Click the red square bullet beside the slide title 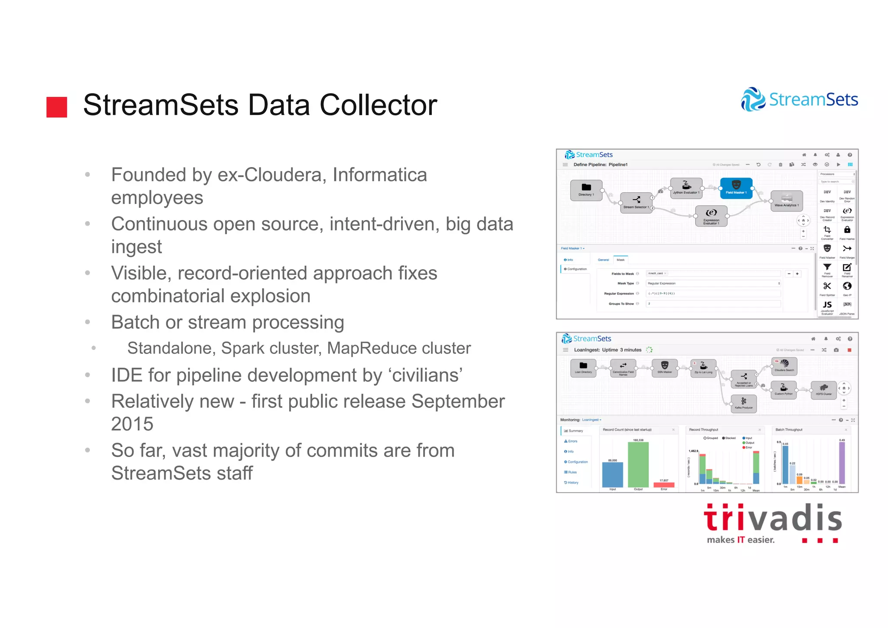click(57, 107)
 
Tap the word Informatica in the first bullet click(379, 175)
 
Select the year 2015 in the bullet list click(132, 424)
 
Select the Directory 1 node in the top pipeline click(586, 190)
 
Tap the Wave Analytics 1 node click(787, 201)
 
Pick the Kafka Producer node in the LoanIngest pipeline click(744, 403)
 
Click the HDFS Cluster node click(823, 389)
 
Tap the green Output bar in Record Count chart click(638, 464)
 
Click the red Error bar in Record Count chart click(664, 485)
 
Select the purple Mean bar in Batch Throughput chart click(842, 463)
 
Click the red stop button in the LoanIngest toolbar click(849, 350)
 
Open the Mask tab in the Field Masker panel click(620, 260)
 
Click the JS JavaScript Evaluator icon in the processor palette click(827, 305)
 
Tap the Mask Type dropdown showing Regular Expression click(713, 283)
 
